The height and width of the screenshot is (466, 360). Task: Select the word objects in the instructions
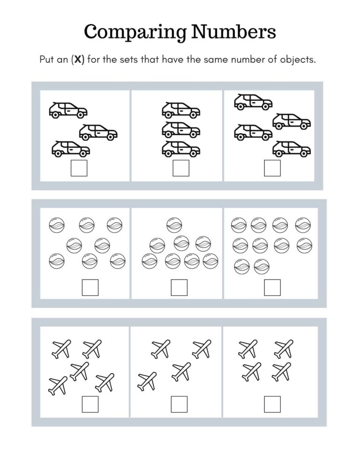coord(296,61)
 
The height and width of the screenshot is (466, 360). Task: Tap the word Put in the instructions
coord(47,61)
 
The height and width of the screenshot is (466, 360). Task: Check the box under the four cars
coord(272,168)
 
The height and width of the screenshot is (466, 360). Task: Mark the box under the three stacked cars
coord(181,168)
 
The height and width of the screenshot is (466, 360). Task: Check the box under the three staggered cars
coord(79,168)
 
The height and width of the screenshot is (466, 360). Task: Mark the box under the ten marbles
coord(272,287)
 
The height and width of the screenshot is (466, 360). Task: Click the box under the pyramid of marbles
coord(179,287)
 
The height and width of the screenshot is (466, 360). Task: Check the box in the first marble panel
coord(90,287)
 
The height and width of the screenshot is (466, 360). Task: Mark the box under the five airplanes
coord(90,404)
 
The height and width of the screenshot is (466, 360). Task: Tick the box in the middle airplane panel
coord(179,404)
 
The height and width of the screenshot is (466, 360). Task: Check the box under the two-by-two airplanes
coord(272,404)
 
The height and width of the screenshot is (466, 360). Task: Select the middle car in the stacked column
coord(181,129)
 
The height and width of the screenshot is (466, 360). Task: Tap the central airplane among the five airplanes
coord(80,371)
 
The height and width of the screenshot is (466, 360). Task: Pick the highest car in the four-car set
coord(253,102)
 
